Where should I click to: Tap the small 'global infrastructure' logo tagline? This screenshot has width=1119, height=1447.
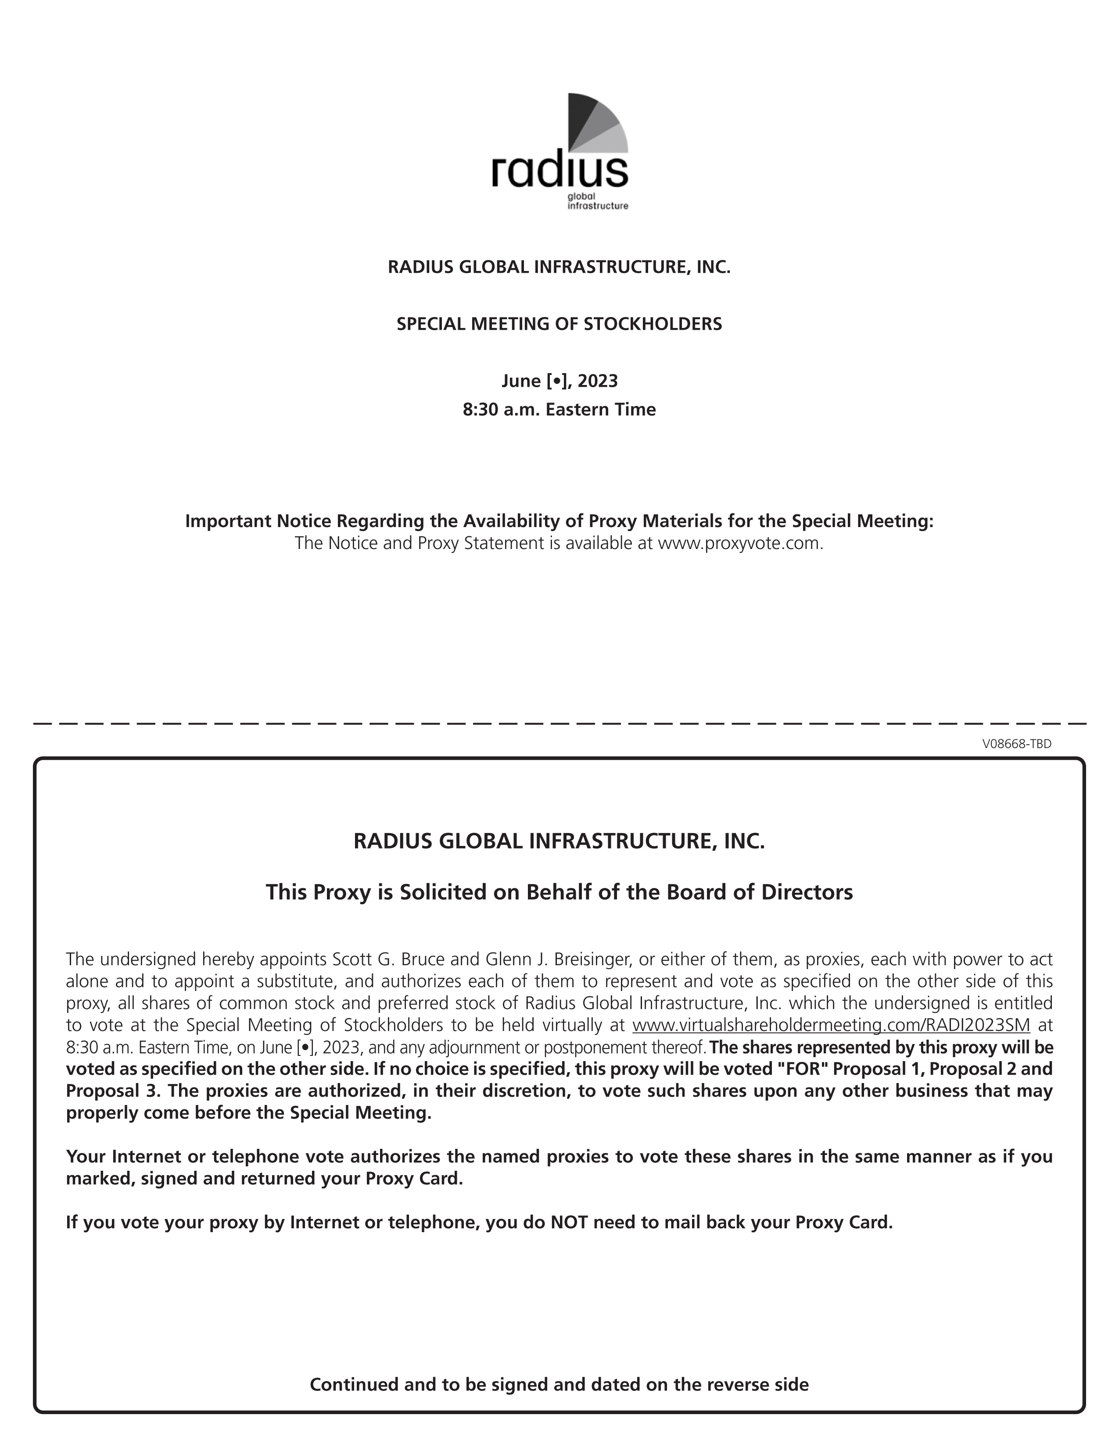597,201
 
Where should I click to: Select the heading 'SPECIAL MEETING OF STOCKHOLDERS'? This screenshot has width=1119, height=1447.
559,324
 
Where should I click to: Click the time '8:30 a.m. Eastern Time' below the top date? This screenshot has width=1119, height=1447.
559,410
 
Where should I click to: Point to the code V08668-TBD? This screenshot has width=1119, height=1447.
1016,743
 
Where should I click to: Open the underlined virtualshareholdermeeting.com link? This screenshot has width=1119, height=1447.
831,1025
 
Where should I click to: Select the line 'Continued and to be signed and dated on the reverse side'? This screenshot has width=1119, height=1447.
559,1384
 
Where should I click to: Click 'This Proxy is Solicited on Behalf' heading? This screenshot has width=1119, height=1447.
559,892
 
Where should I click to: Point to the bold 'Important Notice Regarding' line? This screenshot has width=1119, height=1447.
559,521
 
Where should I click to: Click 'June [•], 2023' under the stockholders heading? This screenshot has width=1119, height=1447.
559,381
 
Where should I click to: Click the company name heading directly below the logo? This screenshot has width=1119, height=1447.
559,267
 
